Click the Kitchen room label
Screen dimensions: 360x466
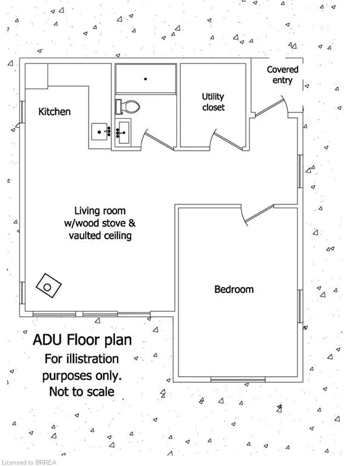pos(55,112)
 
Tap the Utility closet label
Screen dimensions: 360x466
pos(213,102)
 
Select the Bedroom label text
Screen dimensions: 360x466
pos(234,289)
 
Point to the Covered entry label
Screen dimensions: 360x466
pos(282,75)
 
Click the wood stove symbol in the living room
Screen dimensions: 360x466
pos(49,286)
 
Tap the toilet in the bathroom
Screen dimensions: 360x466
pos(127,107)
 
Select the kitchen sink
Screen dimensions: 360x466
pos(100,132)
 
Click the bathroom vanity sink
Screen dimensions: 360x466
pos(123,132)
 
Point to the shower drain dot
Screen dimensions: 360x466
pos(146,79)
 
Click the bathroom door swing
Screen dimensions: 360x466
pos(157,140)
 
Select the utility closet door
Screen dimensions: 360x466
pos(228,140)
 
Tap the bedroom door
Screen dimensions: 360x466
pos(257,214)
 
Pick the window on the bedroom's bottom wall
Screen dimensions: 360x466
pos(238,379)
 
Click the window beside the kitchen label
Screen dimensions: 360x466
pos(22,112)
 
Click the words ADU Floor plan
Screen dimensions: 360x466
pos(83,340)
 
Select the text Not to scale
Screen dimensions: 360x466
pos(82,392)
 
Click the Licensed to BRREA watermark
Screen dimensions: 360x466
pos(29,462)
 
